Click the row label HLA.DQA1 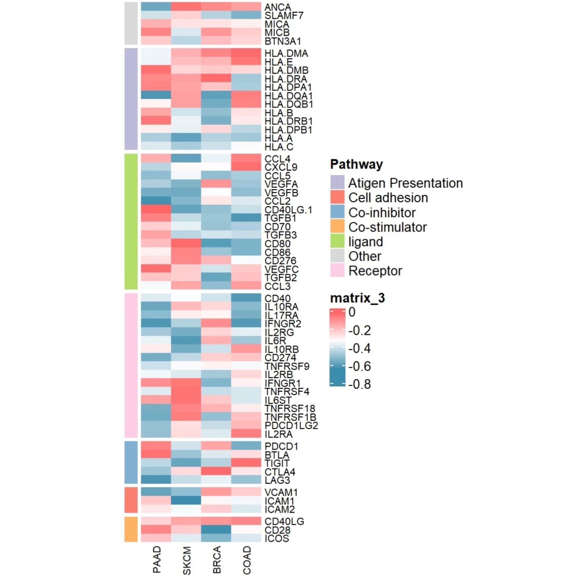[x=288, y=96]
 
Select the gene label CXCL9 [x=281, y=167]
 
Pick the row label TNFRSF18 [x=290, y=408]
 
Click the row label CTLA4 [x=280, y=472]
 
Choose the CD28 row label [x=278, y=530]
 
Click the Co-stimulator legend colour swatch [x=337, y=226]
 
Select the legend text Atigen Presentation [x=405, y=183]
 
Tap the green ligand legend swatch [x=337, y=241]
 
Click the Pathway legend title [x=357, y=164]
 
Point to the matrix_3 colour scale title [x=357, y=298]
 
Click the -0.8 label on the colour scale [x=360, y=384]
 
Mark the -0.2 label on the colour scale [x=360, y=330]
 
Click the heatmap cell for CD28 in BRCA [x=216, y=530]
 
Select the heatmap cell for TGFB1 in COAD [x=246, y=218]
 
